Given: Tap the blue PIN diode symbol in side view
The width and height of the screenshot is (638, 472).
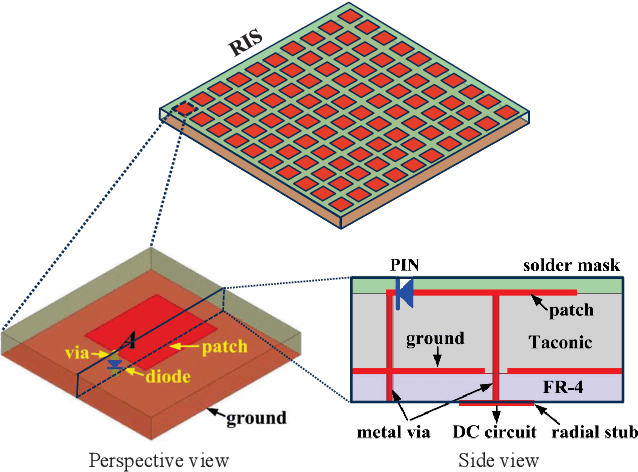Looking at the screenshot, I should pyautogui.click(x=403, y=292).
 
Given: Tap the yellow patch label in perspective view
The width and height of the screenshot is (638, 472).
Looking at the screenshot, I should pyautogui.click(x=224, y=347).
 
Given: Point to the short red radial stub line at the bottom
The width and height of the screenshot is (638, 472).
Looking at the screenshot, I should pyautogui.click(x=496, y=404).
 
